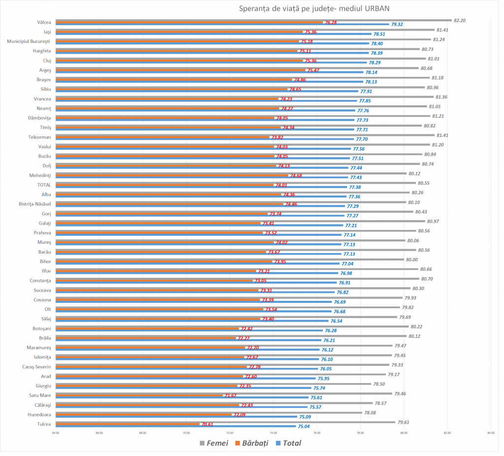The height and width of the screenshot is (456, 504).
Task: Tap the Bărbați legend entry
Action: click(x=251, y=443)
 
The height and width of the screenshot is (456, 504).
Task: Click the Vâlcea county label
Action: click(x=44, y=22)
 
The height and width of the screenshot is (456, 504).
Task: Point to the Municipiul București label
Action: click(x=30, y=41)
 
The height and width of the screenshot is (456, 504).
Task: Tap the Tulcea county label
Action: click(x=44, y=423)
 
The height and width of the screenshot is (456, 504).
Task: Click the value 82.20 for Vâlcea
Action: click(x=460, y=20)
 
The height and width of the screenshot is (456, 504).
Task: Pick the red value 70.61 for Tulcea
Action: click(x=207, y=424)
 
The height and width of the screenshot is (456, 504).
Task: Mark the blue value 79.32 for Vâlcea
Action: click(x=397, y=25)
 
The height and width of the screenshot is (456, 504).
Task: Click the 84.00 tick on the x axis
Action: click(x=490, y=433)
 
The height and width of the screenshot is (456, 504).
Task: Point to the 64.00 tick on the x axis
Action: click(x=56, y=433)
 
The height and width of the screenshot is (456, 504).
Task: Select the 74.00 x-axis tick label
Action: click(x=273, y=433)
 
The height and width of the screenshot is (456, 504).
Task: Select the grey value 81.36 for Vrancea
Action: click(x=441, y=97)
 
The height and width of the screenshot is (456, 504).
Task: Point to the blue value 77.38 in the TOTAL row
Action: click(x=354, y=188)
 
